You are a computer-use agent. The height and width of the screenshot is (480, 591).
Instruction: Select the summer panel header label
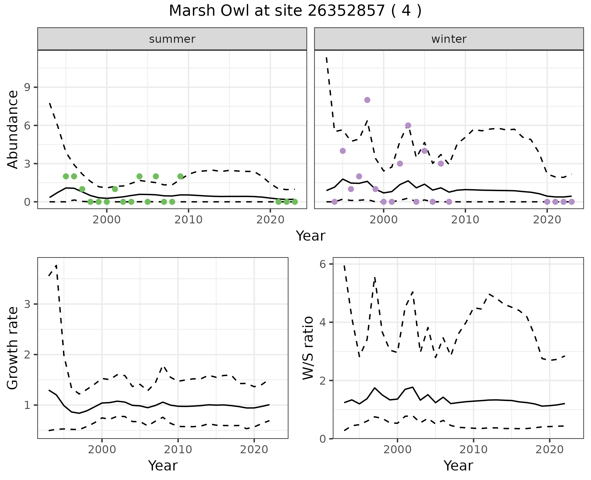(172, 39)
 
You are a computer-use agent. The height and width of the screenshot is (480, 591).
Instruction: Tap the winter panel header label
(449, 39)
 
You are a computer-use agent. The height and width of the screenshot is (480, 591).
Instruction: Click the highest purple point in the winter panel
(367, 100)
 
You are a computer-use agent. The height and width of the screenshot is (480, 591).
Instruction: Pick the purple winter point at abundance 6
(408, 126)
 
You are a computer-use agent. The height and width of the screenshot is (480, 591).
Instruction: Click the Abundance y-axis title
(13, 129)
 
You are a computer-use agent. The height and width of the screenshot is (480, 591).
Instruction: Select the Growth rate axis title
(13, 348)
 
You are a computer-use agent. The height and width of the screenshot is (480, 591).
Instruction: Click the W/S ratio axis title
(308, 348)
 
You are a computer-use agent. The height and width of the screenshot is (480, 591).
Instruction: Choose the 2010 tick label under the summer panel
(188, 220)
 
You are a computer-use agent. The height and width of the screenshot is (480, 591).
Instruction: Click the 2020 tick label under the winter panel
(547, 220)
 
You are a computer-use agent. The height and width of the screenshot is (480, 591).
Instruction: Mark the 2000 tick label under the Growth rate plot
(102, 450)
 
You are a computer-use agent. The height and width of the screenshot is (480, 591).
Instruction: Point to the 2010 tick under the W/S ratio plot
(473, 450)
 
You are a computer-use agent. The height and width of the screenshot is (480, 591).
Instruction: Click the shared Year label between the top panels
(310, 236)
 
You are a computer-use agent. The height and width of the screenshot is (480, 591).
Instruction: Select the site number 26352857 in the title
(346, 11)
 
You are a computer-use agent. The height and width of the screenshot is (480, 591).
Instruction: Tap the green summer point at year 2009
(180, 176)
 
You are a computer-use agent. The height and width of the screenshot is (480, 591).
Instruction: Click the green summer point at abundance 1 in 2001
(115, 189)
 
